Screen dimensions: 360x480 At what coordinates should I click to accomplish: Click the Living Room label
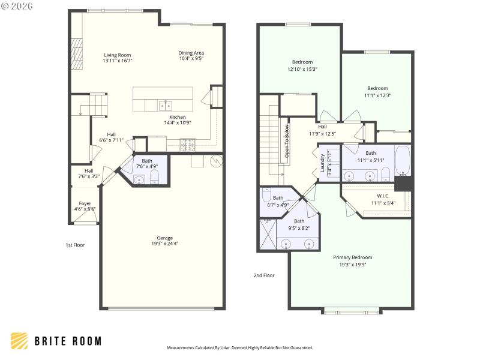(117, 55)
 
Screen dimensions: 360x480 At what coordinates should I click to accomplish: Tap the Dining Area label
(191, 53)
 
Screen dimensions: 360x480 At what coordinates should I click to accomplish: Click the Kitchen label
(177, 117)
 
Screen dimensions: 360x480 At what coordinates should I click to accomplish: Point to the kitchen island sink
(166, 106)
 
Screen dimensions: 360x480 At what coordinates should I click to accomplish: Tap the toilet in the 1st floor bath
(154, 176)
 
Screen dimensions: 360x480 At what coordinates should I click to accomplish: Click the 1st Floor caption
(76, 245)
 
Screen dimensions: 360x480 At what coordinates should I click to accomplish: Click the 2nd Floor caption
(263, 275)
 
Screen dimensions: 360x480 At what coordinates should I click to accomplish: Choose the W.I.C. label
(384, 196)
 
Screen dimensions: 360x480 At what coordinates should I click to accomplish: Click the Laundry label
(323, 163)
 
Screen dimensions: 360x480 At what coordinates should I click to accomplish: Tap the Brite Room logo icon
(19, 341)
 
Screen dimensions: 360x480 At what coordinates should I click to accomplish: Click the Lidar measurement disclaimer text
(239, 347)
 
